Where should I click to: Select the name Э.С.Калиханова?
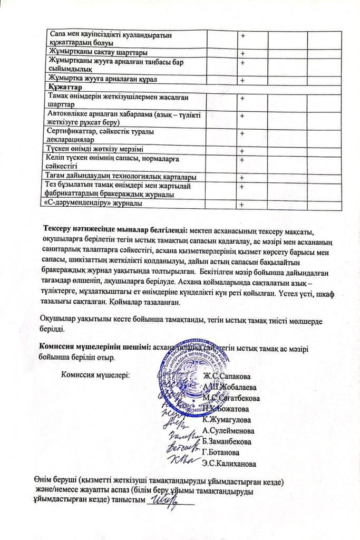click(x=229, y=464)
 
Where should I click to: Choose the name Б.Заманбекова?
click(x=227, y=441)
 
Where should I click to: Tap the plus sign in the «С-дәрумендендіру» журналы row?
click(x=242, y=205)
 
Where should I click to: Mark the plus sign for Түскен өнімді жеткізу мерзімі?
click(x=242, y=149)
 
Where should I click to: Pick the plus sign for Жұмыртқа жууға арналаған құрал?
click(x=242, y=80)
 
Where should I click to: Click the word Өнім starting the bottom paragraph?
click(x=43, y=481)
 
